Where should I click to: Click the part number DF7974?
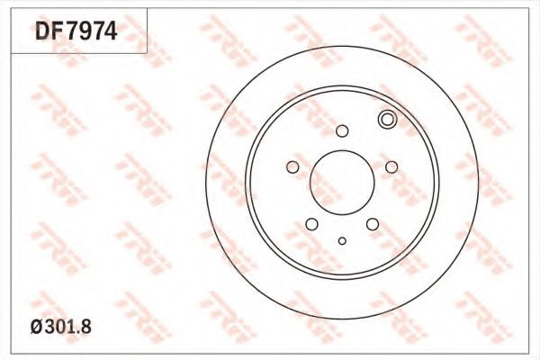pos(76,31)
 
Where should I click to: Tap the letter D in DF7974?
pos(43,31)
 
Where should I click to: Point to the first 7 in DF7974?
pos(72,31)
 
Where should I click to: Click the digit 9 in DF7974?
pos(85,31)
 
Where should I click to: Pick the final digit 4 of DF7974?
pos(111,31)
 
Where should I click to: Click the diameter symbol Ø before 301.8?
pos(37,327)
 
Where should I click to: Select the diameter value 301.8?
pos(67,327)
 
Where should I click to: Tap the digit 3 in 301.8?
pos(49,327)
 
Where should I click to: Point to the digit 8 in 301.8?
pos(86,327)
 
